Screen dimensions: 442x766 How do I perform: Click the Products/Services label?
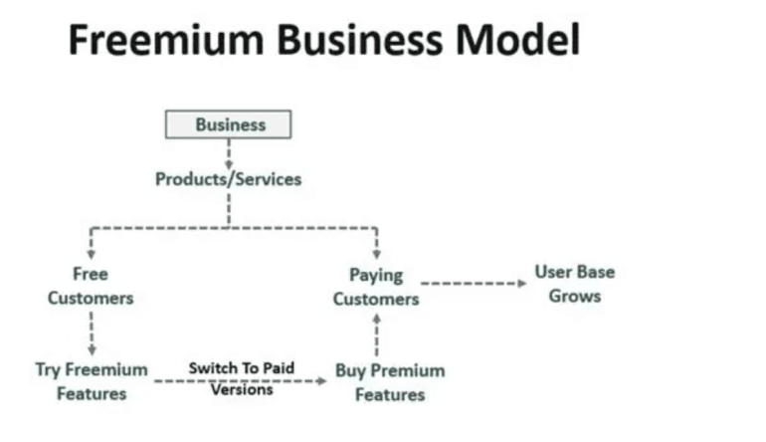click(x=228, y=179)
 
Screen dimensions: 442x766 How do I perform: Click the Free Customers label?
click(x=91, y=285)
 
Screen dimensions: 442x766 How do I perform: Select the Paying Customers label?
click(x=376, y=287)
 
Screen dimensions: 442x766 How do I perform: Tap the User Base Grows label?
click(x=574, y=283)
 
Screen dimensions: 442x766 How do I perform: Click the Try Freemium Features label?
click(x=91, y=381)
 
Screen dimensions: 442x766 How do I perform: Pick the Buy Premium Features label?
click(x=389, y=382)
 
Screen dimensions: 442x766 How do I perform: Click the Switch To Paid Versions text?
click(x=242, y=378)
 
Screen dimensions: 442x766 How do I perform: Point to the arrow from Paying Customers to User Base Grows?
click(x=473, y=284)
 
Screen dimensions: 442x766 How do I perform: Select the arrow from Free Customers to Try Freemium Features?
click(x=91, y=331)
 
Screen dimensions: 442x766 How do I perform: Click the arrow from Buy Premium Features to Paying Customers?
click(x=376, y=335)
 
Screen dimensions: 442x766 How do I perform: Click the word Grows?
click(x=574, y=296)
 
